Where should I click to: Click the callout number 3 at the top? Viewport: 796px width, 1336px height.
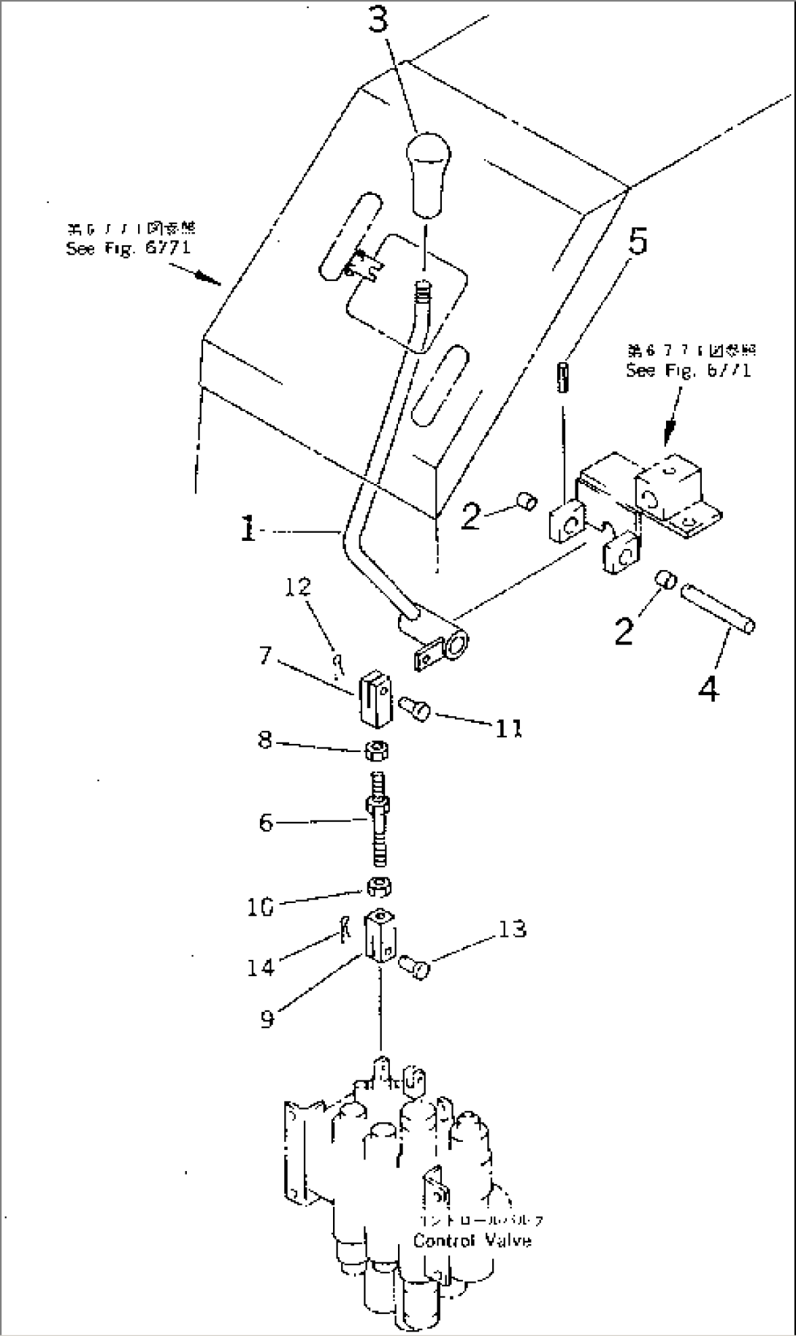378,23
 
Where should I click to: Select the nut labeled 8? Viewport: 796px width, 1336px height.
377,748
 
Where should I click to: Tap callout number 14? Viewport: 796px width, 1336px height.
260,967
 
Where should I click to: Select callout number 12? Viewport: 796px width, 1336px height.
299,586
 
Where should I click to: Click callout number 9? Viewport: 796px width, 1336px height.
267,1017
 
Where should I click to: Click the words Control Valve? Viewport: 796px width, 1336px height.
472,1240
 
